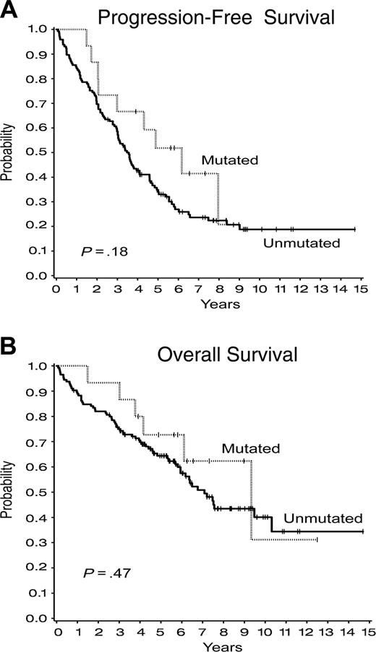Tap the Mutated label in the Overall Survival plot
(251, 448)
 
